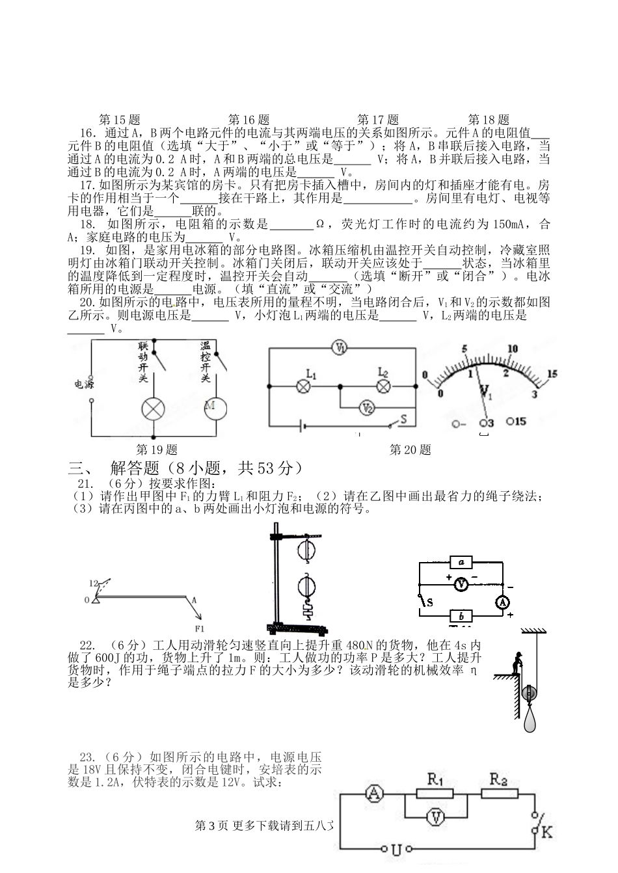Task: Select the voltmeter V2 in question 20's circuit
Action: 368,409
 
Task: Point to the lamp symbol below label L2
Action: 383,387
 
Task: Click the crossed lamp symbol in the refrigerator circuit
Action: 154,409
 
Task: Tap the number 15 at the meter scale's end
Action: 553,374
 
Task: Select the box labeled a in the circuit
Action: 461,562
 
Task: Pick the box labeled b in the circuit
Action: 461,615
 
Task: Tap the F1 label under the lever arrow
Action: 199,628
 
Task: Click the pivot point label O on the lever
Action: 87,600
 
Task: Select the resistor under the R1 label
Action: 435,794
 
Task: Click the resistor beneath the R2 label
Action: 499,793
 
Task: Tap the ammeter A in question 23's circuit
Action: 374,793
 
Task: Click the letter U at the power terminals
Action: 396,849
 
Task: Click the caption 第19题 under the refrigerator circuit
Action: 155,449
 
